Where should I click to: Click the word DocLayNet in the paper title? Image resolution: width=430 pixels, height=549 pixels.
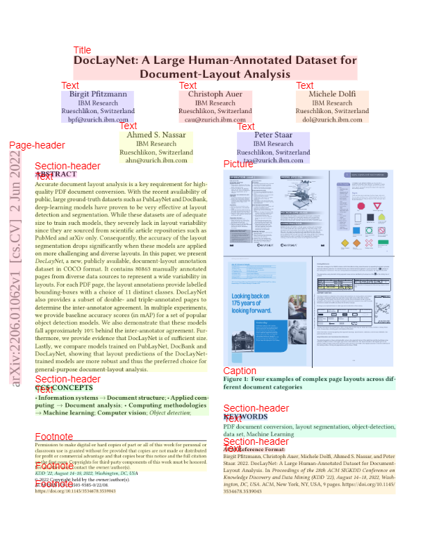pyautogui.click(x=104, y=61)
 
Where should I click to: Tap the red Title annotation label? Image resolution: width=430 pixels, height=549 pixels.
pyautogui.click(x=82, y=50)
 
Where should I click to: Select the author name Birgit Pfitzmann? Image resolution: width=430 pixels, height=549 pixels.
pyautogui.click(x=98, y=94)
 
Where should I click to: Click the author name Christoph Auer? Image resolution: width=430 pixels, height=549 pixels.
pyautogui.click(x=215, y=94)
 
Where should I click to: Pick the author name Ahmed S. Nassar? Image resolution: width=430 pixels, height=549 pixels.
pyautogui.click(x=156, y=135)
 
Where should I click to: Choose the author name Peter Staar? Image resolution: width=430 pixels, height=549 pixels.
pyautogui.click(x=273, y=135)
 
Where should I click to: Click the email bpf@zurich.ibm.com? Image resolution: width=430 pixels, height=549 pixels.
pyautogui.click(x=98, y=119)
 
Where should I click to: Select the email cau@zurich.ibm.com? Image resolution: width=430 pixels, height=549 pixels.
pyautogui.click(x=215, y=119)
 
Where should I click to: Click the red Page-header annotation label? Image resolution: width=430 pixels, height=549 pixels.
pyautogui.click(x=37, y=145)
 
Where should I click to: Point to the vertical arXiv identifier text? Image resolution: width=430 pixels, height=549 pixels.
pyautogui.click(x=15, y=278)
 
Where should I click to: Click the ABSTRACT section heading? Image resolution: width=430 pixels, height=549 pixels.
pyautogui.click(x=56, y=175)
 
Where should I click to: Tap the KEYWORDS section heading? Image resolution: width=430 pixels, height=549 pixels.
pyautogui.click(x=245, y=417)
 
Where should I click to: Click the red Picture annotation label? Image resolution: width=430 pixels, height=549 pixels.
pyautogui.click(x=238, y=164)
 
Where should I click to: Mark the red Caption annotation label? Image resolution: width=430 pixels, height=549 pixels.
pyautogui.click(x=240, y=371)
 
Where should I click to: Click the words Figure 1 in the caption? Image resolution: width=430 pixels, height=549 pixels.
pyautogui.click(x=236, y=380)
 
